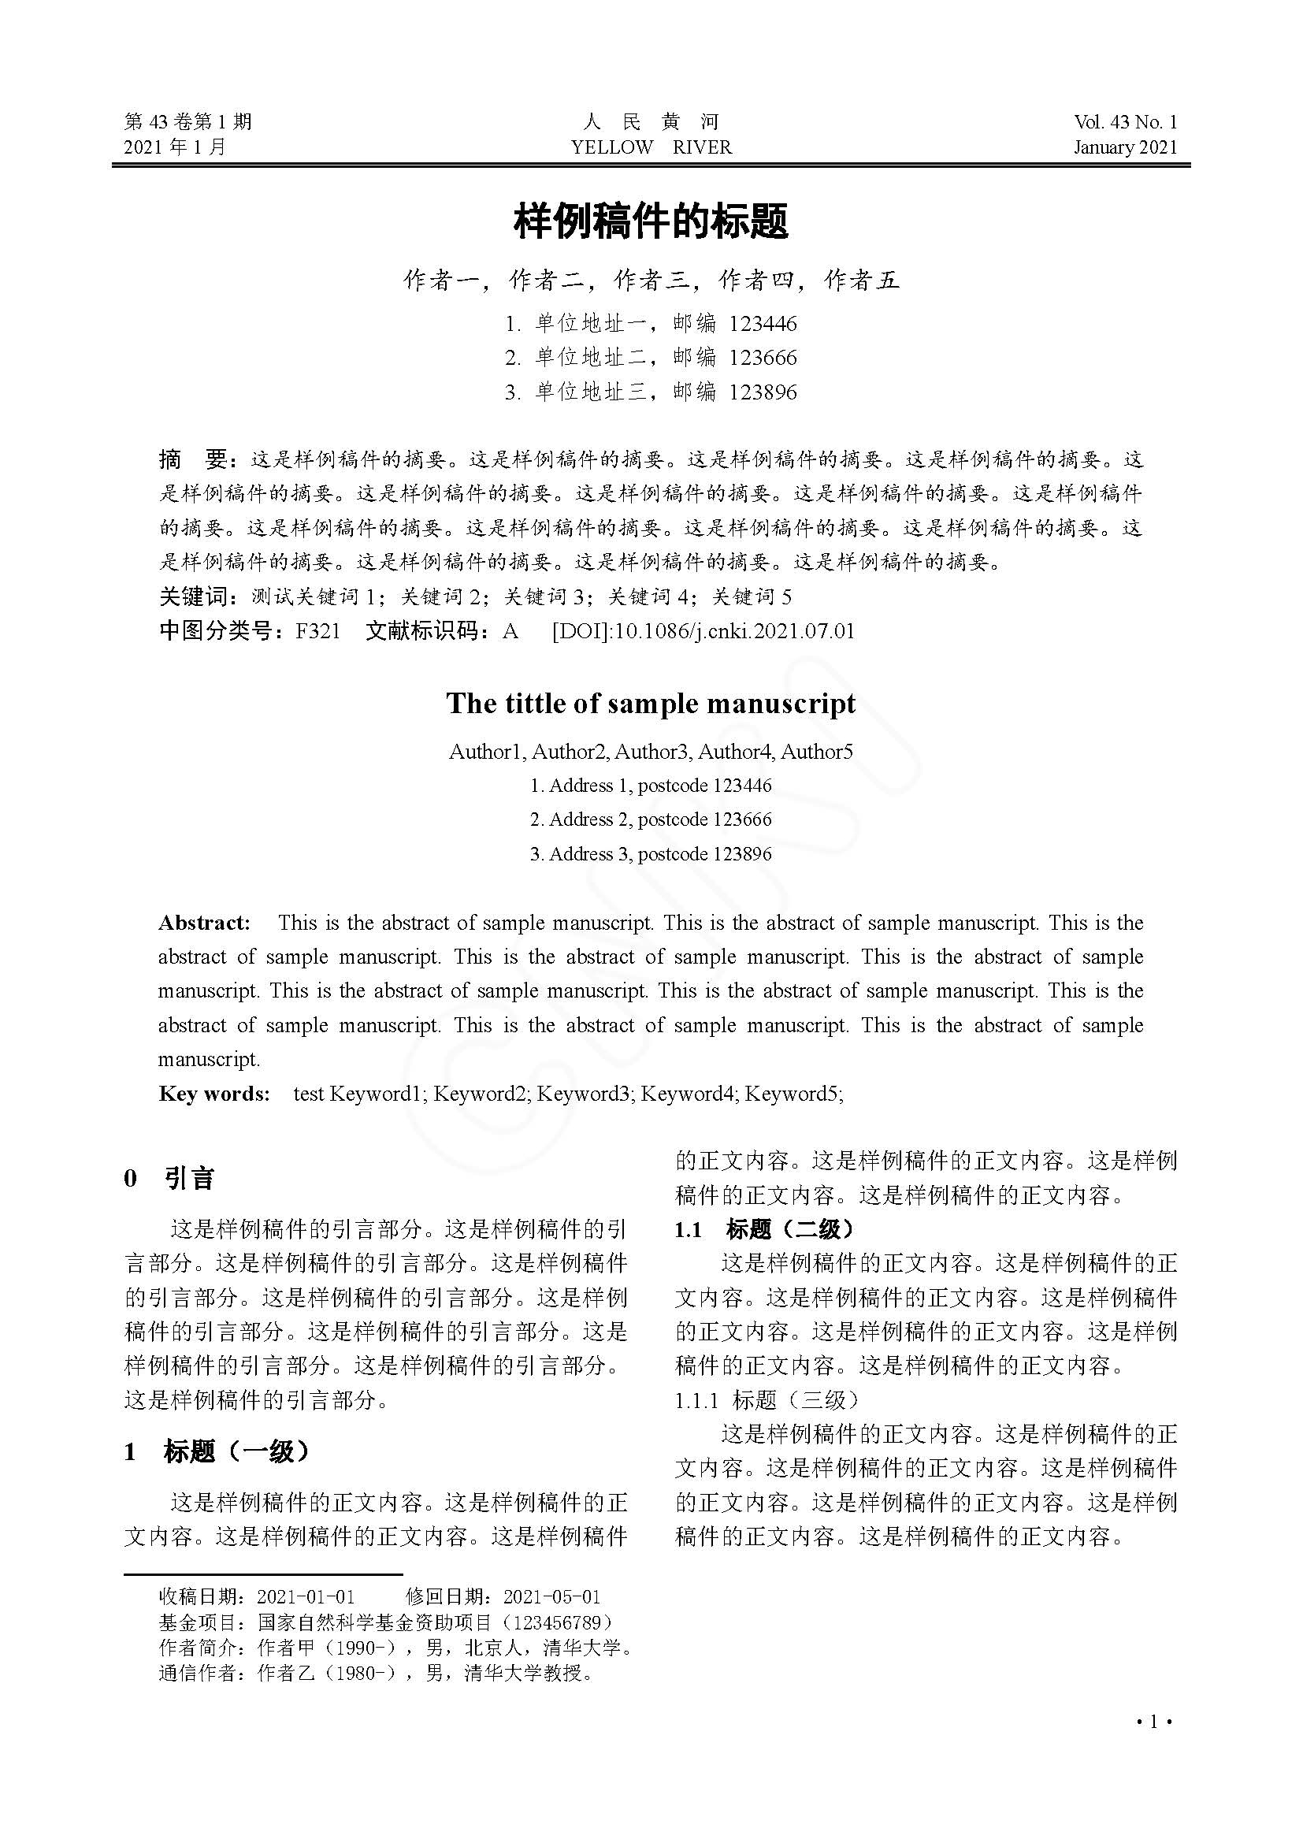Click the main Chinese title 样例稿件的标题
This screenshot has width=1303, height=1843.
pos(651,221)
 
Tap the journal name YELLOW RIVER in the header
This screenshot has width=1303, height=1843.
pos(651,147)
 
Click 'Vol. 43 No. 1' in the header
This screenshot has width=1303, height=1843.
pos(1125,122)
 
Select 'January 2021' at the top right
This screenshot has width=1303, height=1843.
pos(1125,147)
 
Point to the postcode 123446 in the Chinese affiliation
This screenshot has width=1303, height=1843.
pos(763,325)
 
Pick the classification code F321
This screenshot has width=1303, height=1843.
pos(317,631)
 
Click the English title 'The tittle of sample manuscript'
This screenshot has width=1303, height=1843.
pos(651,704)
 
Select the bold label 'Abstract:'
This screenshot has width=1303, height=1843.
pos(205,923)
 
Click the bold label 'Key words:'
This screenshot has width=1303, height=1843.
pos(214,1094)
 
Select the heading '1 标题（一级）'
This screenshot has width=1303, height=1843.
pos(217,1451)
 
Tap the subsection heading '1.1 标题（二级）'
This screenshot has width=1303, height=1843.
pos(765,1230)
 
